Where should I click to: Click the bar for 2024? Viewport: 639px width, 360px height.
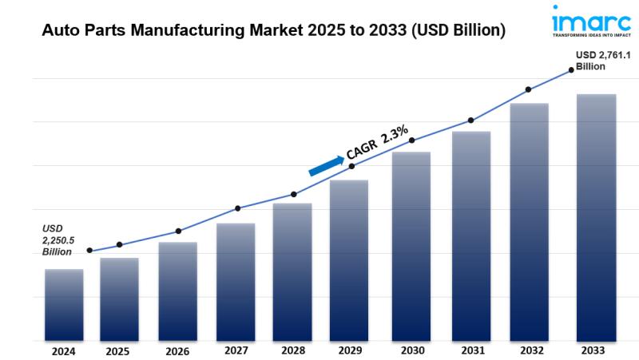point(64,305)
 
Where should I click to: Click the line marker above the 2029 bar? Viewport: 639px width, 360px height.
point(351,166)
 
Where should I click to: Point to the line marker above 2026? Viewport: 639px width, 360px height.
point(178,231)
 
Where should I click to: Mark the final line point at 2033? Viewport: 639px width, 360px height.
point(571,70)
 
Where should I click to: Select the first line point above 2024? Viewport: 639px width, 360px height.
point(89,251)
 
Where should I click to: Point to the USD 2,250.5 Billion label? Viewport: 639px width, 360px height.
point(57,239)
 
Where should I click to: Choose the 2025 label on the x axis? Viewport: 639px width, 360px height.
point(117,351)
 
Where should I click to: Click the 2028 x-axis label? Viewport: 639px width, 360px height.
point(292,350)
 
